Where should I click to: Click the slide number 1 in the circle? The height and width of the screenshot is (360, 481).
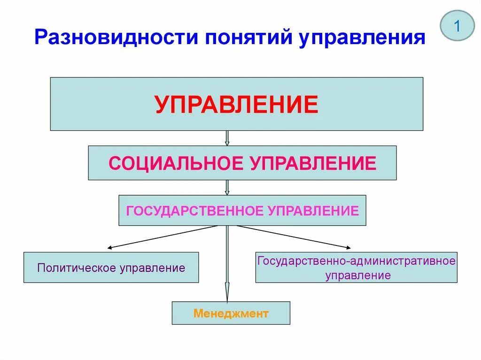(x=457, y=26)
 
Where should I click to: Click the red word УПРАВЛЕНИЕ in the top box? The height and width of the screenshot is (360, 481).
(x=237, y=104)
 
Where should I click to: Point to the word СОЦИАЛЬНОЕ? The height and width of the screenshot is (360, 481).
(x=176, y=163)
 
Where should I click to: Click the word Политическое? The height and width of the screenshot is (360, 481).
(x=77, y=268)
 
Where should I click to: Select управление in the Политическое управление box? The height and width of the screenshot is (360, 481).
(x=152, y=268)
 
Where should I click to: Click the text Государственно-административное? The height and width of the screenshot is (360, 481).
(x=357, y=260)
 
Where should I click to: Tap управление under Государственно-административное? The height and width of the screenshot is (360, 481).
(x=358, y=276)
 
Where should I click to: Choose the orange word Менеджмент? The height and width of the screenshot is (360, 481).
(x=231, y=313)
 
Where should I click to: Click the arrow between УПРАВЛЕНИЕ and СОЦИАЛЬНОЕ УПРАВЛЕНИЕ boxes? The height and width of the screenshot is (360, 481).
(x=227, y=138)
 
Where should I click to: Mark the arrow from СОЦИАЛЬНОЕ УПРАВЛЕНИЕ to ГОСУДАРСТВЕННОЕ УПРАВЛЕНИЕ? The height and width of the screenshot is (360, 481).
(x=227, y=188)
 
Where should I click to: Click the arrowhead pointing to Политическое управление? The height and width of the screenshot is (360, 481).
(x=110, y=247)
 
